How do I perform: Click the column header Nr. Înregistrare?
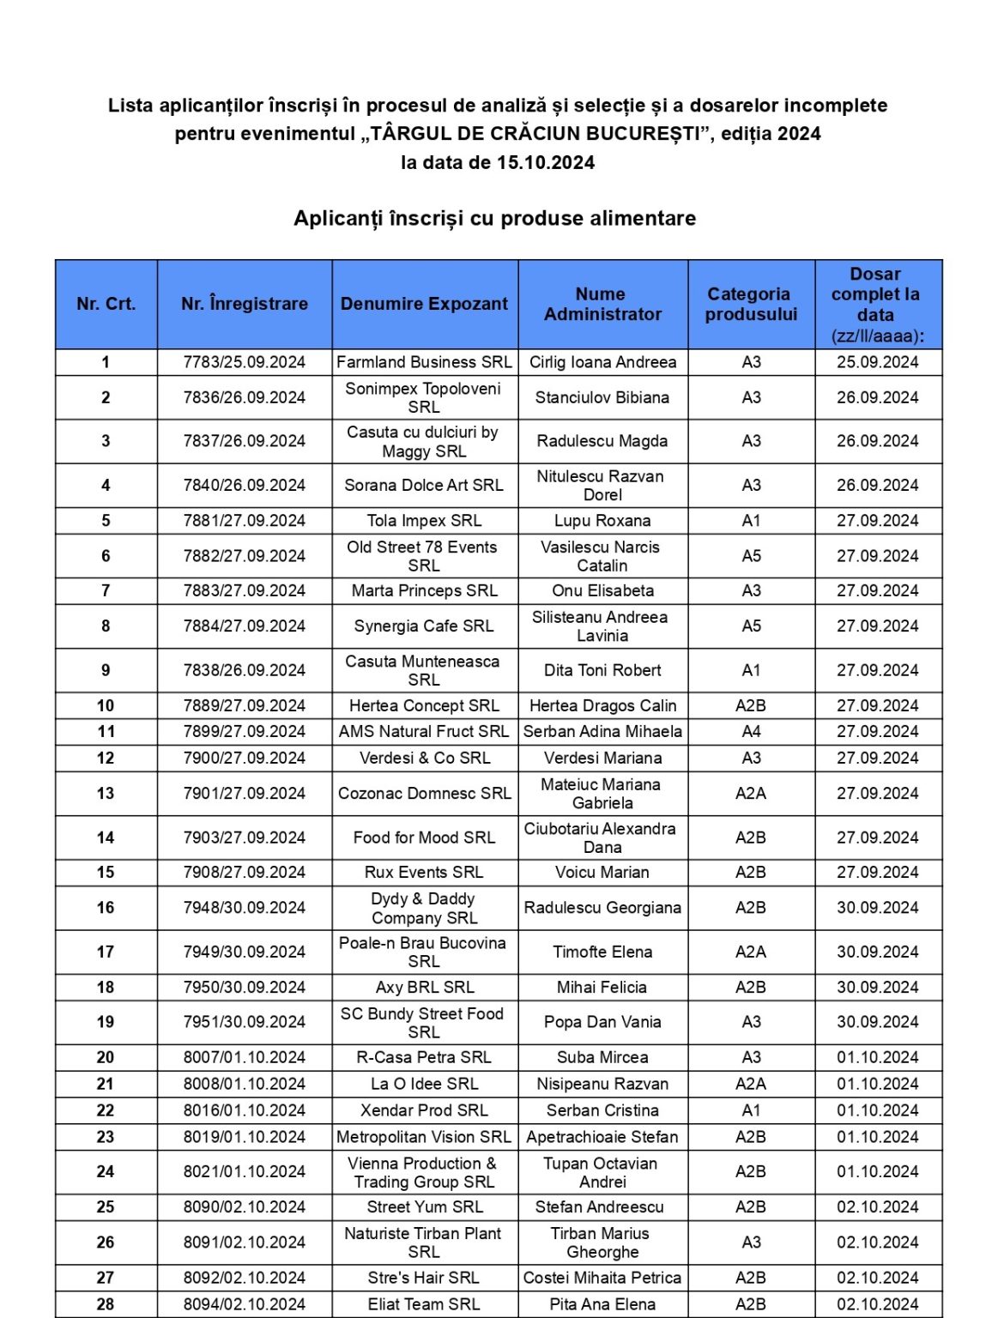245,304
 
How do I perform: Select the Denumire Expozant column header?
424,304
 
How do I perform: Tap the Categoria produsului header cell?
751,304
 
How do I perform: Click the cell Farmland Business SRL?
424,362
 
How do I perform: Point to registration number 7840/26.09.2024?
245,485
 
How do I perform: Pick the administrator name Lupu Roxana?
602,521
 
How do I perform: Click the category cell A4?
751,731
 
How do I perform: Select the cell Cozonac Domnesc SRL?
424,794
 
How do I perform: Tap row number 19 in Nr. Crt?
106,1022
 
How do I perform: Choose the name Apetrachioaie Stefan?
602,1137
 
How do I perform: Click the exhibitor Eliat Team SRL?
424,1304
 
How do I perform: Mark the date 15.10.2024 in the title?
546,163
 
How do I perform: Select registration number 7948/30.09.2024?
245,908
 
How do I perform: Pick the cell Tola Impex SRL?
424,521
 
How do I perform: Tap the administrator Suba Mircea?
602,1057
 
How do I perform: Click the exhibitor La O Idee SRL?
424,1084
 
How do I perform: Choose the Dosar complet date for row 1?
878,362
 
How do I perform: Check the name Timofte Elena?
602,952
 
